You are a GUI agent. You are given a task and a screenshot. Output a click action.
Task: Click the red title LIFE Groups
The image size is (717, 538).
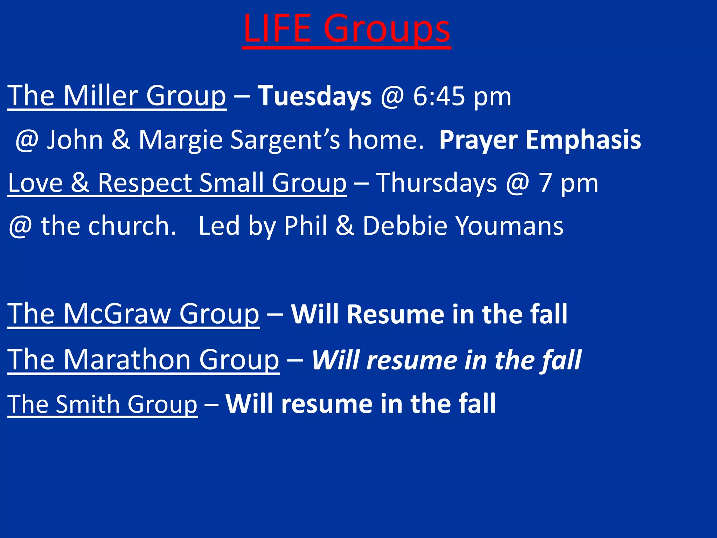coord(346,29)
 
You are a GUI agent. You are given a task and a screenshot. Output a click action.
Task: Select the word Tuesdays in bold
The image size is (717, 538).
coord(314,96)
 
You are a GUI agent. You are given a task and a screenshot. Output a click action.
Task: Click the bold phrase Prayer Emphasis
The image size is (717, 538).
coord(540,140)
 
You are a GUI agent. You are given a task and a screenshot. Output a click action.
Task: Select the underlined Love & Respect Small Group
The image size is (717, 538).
coord(177,183)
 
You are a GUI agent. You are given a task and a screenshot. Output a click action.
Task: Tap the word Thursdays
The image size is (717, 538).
coord(436,183)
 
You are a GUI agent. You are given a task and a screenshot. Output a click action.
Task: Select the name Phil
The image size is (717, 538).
coord(306,226)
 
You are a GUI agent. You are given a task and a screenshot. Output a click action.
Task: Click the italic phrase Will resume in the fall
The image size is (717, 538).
coord(446,360)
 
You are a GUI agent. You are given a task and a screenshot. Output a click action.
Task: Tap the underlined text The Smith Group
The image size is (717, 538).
coord(102,404)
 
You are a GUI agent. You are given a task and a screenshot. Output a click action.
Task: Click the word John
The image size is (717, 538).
coord(75,140)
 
